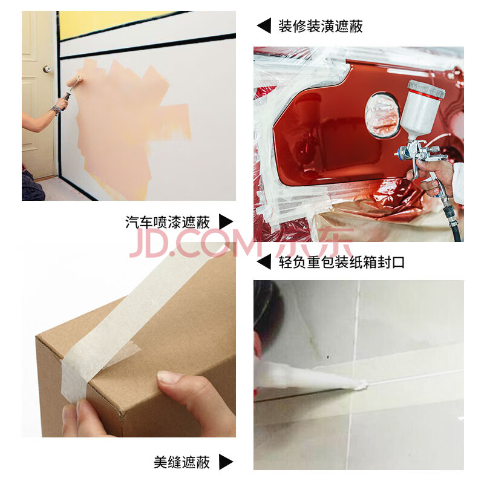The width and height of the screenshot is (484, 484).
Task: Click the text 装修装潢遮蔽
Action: pos(320,27)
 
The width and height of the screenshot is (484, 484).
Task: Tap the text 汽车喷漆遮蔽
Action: pos(168,222)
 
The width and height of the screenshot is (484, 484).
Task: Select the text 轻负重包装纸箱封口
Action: pos(341,263)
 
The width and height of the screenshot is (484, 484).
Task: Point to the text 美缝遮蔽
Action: pos(182,462)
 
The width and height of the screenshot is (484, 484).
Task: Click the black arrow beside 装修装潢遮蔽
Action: pos(264,25)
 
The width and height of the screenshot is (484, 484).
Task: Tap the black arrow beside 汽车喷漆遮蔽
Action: pos(226,221)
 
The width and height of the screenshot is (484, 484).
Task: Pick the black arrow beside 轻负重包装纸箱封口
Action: pos(264,262)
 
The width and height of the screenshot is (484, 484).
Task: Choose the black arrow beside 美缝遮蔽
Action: pos(226,462)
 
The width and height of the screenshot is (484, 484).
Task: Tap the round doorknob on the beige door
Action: pos(47,69)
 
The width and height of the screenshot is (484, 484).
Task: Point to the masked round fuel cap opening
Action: pos(382,115)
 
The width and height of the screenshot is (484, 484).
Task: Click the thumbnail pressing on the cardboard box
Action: pos(169,377)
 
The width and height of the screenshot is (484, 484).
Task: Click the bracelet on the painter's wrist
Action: pos(56,110)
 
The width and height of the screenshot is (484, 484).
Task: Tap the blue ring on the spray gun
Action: pos(401,152)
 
